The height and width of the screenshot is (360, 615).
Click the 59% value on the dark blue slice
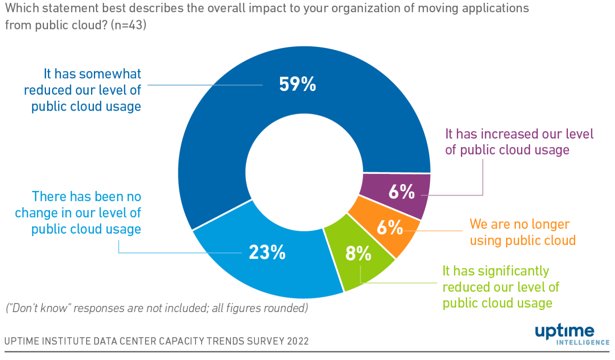[297, 84]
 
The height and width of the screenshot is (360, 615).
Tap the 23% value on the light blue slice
[267, 252]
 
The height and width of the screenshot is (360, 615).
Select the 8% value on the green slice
[358, 253]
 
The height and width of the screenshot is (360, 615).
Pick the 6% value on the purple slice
[401, 191]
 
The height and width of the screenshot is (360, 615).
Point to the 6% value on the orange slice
[389, 227]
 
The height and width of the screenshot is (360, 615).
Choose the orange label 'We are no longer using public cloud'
[522, 232]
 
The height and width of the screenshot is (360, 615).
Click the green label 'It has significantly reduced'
[501, 287]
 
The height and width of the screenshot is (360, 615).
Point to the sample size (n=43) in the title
[128, 25]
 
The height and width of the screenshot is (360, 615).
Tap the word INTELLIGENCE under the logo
[583, 342]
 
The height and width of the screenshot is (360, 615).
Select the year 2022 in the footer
[298, 341]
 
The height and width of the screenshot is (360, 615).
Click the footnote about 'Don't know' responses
[157, 308]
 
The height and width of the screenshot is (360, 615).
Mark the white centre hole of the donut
[304, 172]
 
